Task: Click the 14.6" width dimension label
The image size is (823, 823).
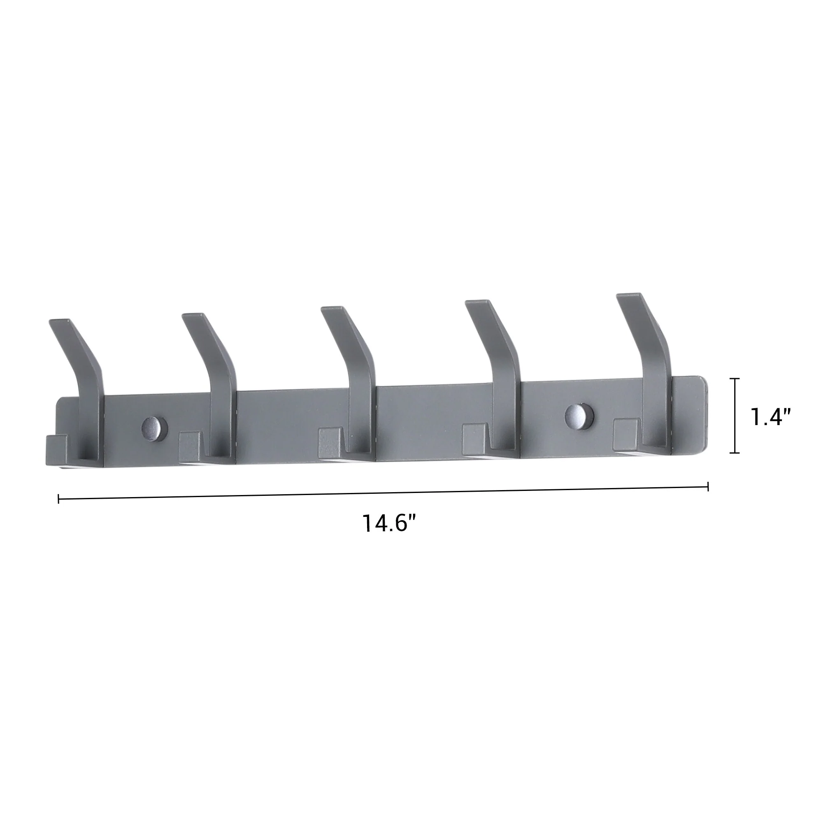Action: pyautogui.click(x=388, y=523)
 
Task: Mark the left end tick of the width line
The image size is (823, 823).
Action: pyautogui.click(x=58, y=498)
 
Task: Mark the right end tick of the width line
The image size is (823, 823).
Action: pyautogui.click(x=708, y=486)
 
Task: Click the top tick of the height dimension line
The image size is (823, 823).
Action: pyautogui.click(x=734, y=378)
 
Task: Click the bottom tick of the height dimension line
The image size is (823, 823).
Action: pyautogui.click(x=734, y=453)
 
